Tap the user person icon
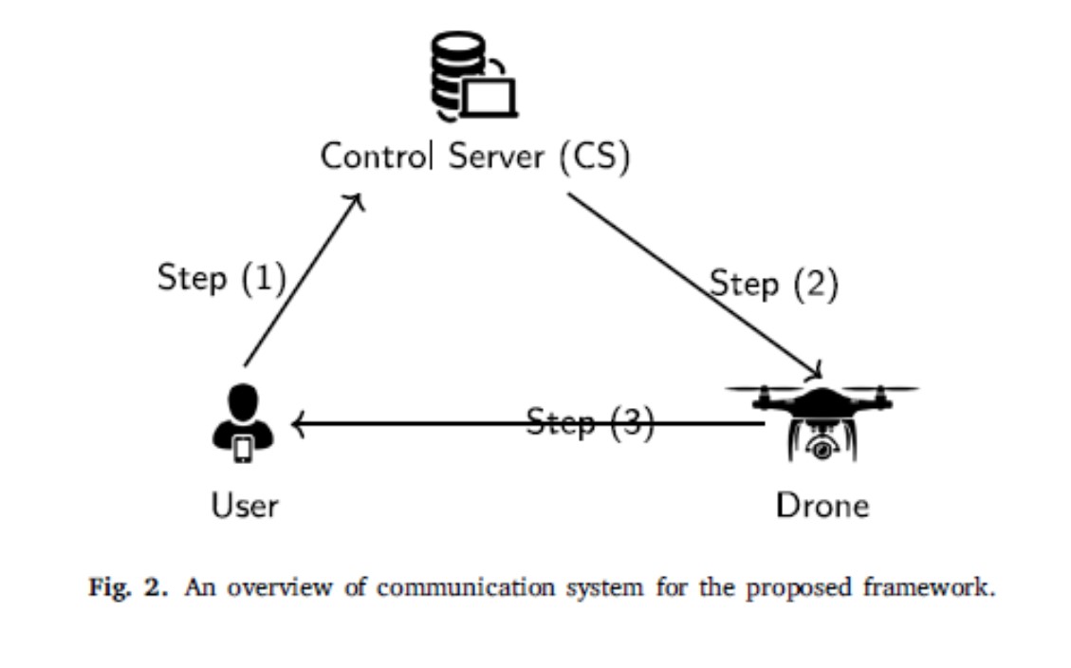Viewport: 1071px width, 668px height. click(x=244, y=423)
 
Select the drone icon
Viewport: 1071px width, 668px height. click(x=822, y=417)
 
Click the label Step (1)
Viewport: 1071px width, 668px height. click(x=221, y=278)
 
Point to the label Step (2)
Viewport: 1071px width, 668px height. click(x=774, y=284)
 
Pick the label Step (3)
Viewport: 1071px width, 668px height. click(x=590, y=422)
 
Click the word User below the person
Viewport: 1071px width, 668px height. click(x=244, y=504)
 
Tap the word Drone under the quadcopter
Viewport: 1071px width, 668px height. click(x=822, y=504)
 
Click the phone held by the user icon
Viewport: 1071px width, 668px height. click(x=244, y=448)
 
